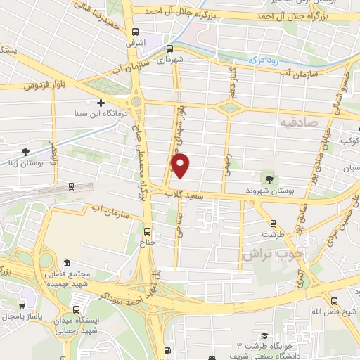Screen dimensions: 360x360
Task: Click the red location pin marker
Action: coord(181,166)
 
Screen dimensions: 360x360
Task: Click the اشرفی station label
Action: coord(135,43)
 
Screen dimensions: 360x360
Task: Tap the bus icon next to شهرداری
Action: coord(169,49)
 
